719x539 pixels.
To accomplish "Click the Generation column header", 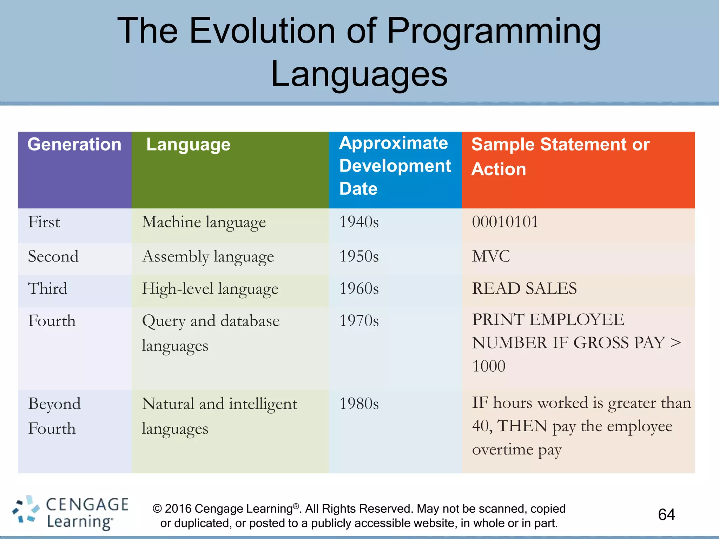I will (74, 145).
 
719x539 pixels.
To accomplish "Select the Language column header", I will (188, 145).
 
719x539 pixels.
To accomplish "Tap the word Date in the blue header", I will (358, 189).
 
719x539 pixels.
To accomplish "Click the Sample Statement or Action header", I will (560, 157).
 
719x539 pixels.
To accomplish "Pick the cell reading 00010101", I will (505, 222).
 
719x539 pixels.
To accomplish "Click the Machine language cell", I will (204, 222).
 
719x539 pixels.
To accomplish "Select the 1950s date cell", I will (359, 257).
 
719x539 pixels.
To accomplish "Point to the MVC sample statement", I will (491, 257).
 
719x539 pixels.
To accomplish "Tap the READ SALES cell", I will (524, 289).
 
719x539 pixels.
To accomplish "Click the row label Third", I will (47, 289).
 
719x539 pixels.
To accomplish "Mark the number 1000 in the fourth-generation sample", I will (489, 366).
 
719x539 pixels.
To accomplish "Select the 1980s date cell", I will (359, 404).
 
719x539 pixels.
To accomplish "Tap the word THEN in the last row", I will (522, 426).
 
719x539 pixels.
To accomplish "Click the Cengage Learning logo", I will (70, 513).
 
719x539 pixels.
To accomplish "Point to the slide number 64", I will (666, 515).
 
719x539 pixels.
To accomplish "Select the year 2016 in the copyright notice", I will (178, 509).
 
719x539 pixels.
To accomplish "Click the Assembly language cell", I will (208, 257).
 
